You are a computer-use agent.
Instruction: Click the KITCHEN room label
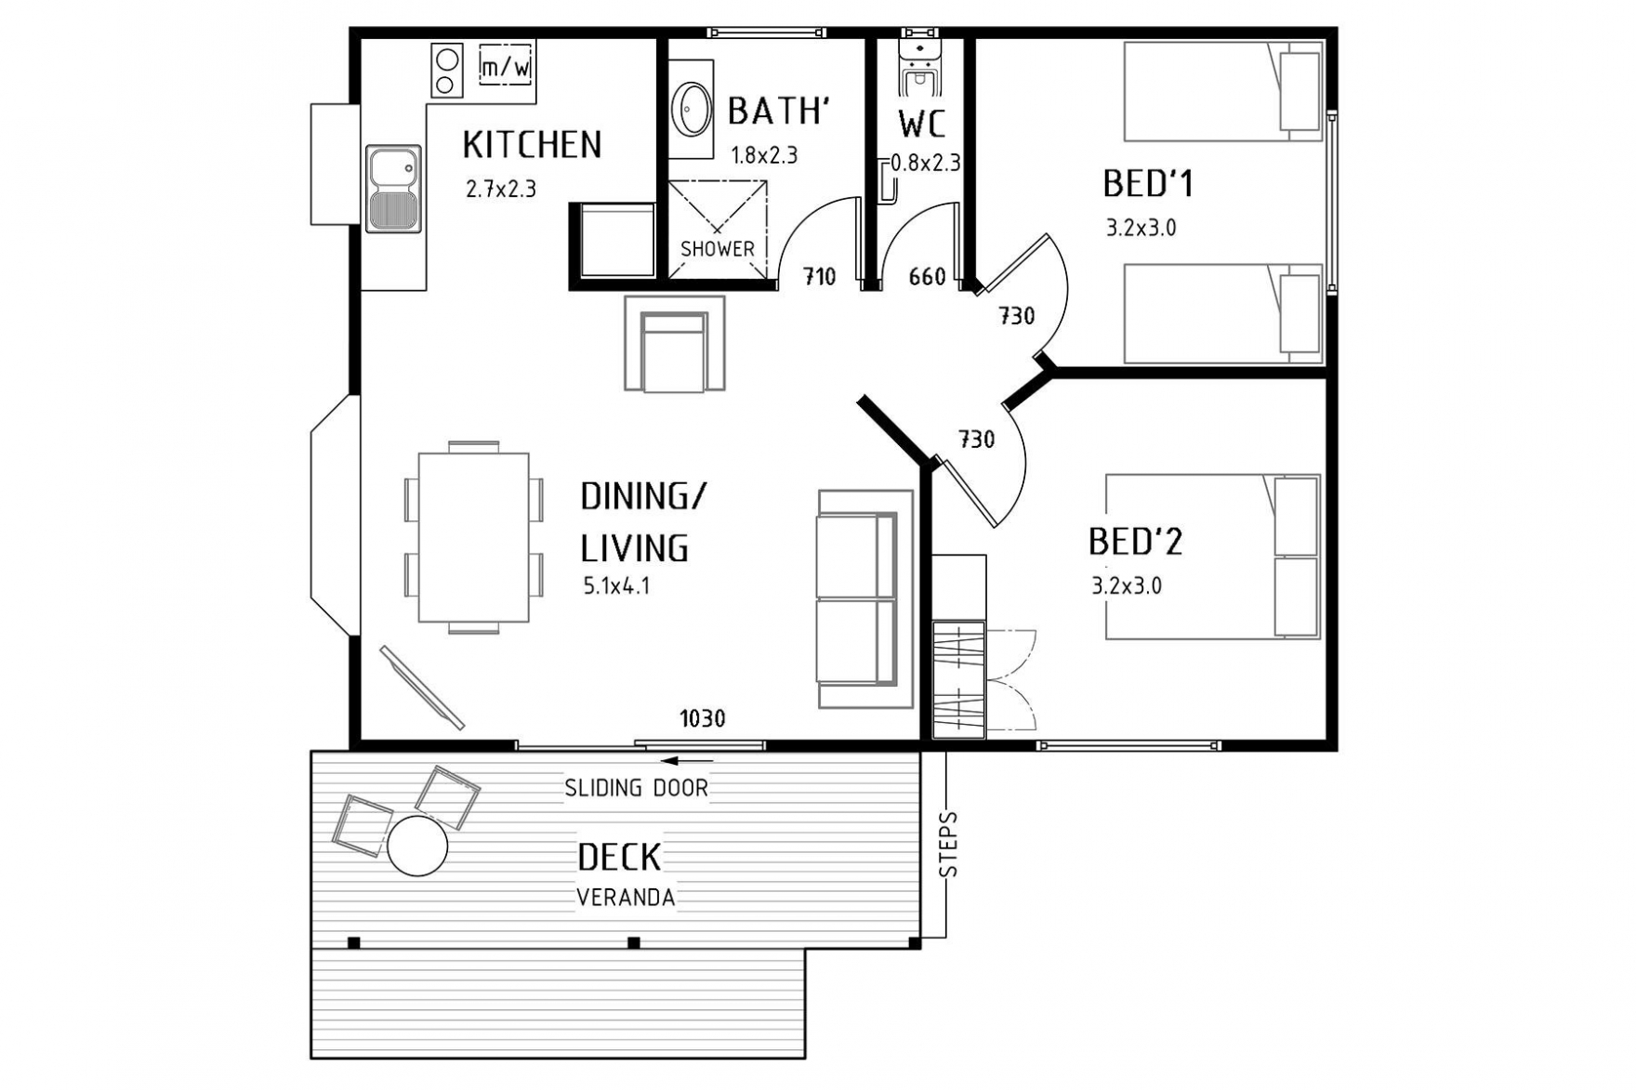pos(532,145)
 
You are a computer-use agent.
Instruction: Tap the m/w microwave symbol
pos(507,66)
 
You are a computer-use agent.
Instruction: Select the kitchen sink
pos(394,189)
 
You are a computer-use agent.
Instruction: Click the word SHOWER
pos(718,249)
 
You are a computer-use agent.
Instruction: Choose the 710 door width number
pos(820,277)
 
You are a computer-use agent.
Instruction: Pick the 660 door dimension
pos(927,277)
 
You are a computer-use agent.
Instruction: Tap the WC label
pos(922,124)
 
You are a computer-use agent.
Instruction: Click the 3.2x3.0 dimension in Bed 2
pos(1127,586)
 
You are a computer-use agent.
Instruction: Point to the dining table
pos(474,538)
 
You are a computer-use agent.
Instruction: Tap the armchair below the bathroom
pos(675,344)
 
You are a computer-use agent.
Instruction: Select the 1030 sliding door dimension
pos(703,718)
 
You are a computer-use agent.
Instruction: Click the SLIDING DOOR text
pos(637,788)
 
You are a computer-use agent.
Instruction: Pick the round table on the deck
pos(417,846)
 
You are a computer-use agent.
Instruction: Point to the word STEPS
pos(949,846)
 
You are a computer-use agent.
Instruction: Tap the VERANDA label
pos(626,899)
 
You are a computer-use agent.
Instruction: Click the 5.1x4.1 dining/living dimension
pos(616,586)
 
